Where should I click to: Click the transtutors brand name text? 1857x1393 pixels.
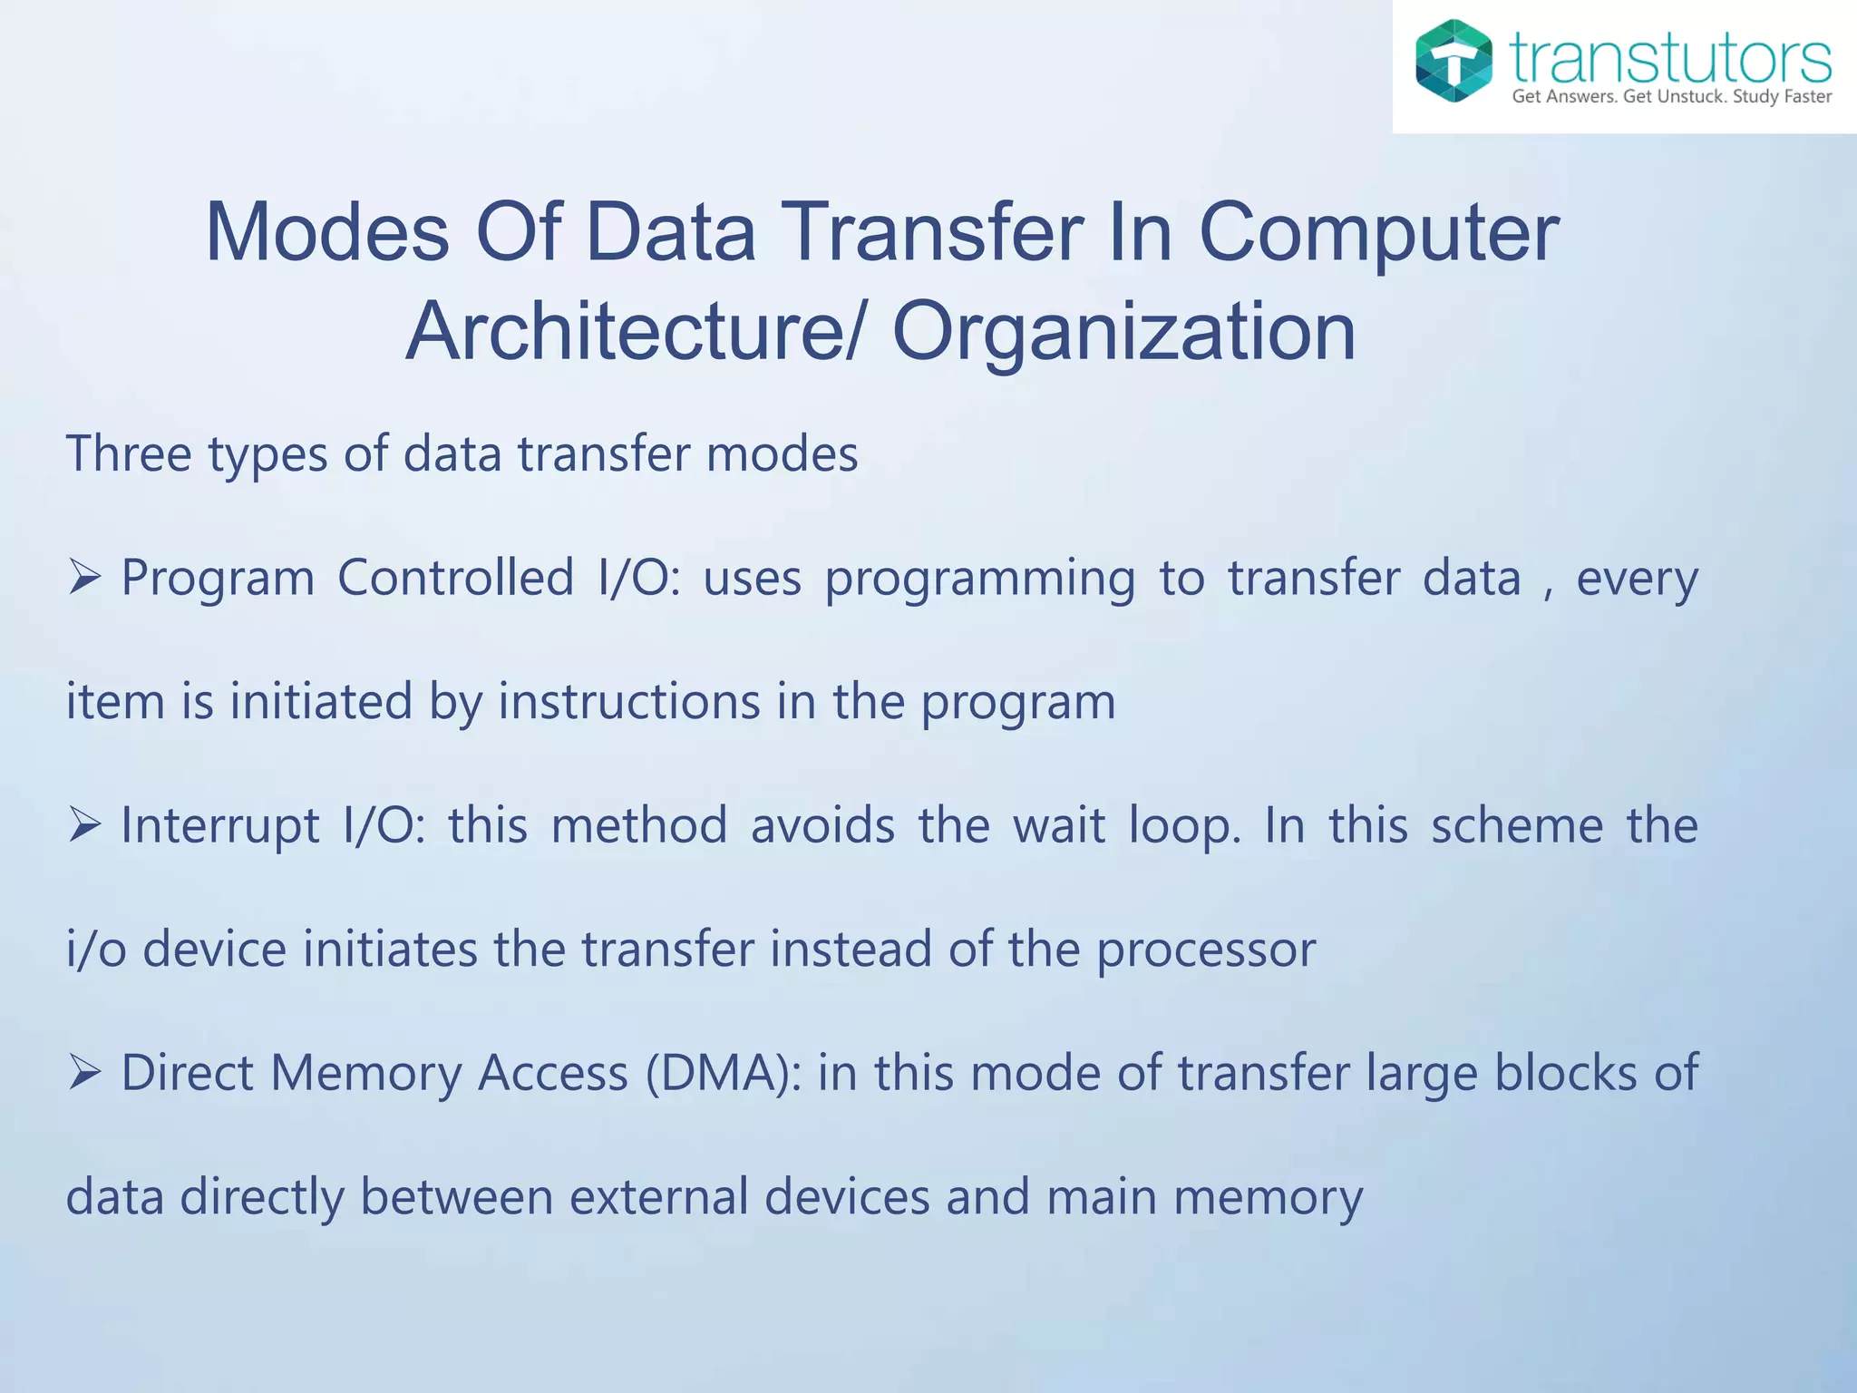click(x=1670, y=58)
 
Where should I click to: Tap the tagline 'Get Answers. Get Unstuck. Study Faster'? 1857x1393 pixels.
click(x=1671, y=97)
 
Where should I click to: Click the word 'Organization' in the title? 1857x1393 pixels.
click(x=1123, y=332)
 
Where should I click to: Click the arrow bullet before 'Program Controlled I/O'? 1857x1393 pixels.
click(x=83, y=577)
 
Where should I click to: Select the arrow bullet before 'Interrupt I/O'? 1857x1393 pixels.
click(x=83, y=824)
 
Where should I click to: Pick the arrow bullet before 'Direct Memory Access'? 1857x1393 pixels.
click(x=83, y=1072)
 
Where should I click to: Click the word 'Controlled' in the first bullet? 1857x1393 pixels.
click(x=455, y=577)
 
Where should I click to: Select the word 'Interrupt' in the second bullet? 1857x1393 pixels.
click(x=220, y=825)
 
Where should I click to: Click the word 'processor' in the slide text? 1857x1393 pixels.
click(x=1206, y=950)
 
